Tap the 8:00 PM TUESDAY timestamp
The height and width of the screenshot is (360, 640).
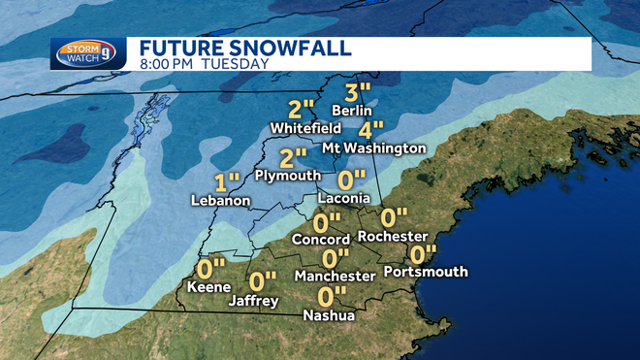click(204, 64)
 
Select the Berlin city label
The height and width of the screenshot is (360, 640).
click(352, 110)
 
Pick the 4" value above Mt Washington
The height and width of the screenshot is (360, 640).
click(370, 128)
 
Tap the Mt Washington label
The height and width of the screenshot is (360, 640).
click(380, 148)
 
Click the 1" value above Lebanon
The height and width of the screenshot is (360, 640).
click(227, 181)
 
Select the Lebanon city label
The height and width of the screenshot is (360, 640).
click(221, 200)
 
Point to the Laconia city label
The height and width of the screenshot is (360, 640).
click(344, 198)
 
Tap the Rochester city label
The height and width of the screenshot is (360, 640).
click(393, 236)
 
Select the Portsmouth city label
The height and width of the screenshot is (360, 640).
click(426, 272)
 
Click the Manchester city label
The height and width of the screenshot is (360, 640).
click(336, 276)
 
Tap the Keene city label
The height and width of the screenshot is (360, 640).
click(208, 287)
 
